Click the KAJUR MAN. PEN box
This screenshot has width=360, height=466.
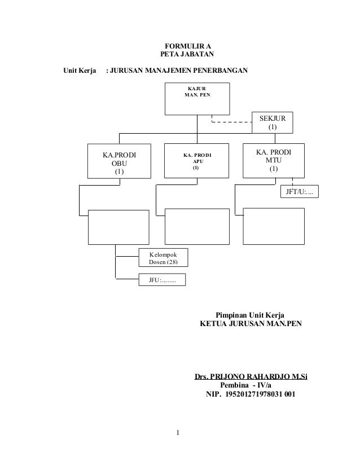point(197,98)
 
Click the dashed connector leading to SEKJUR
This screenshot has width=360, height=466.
point(231,121)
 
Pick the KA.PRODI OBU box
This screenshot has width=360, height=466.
point(118,162)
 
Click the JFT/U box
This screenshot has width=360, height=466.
point(299,192)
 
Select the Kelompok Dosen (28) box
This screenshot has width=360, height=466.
point(163,258)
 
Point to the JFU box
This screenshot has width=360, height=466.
point(163,279)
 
